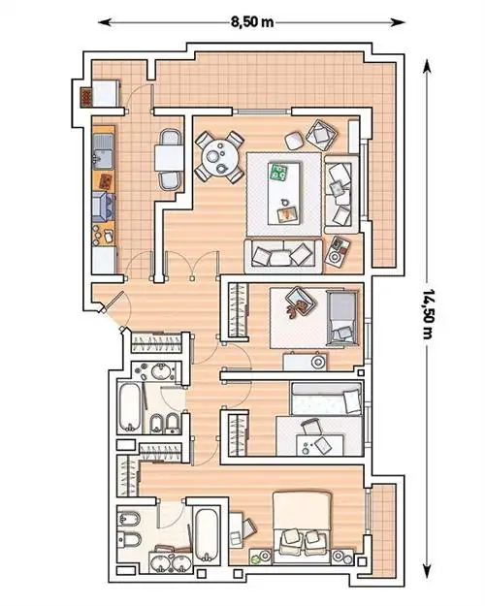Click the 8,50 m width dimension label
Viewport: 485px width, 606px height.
click(x=252, y=22)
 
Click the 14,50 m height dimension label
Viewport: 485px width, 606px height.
click(x=427, y=313)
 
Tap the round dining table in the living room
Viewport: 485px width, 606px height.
click(x=219, y=157)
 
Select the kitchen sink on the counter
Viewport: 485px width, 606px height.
click(x=104, y=151)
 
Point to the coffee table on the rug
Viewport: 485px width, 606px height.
click(x=284, y=193)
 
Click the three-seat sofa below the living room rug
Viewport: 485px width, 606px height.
click(x=283, y=256)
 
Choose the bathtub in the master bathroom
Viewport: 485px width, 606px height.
click(x=208, y=535)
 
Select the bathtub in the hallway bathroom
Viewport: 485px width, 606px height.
click(x=130, y=407)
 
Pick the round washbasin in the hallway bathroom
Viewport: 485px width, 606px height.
click(x=159, y=372)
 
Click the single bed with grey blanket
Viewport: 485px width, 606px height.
click(x=341, y=318)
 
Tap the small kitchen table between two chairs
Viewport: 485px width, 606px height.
click(x=169, y=158)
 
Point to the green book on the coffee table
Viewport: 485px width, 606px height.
click(x=278, y=173)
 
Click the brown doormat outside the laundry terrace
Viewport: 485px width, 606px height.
click(x=86, y=97)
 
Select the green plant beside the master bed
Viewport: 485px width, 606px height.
click(x=255, y=558)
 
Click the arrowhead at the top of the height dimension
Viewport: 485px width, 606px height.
click(x=427, y=66)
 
